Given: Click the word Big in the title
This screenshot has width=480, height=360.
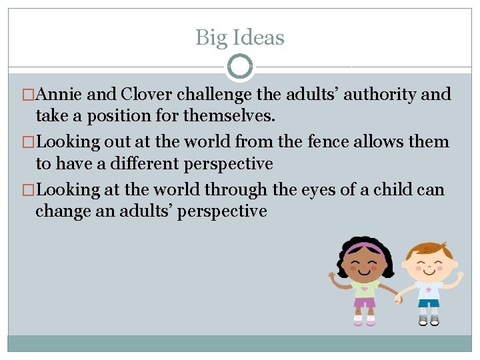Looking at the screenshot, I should click(x=210, y=38).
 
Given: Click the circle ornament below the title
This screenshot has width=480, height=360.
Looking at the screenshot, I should click(x=240, y=67).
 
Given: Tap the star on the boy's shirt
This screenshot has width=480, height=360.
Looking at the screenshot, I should click(x=427, y=291).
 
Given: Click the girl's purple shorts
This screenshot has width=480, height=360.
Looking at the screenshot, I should click(x=364, y=303).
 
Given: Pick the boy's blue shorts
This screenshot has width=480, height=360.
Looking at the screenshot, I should click(x=429, y=304).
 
